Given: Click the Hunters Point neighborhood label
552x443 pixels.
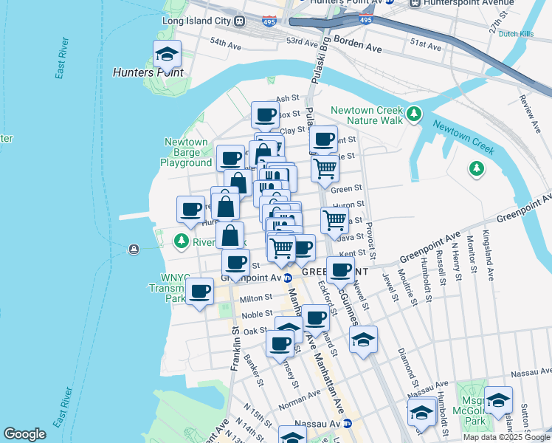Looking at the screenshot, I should coord(148,72).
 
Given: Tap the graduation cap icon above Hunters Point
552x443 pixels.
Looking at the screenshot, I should coord(167,54).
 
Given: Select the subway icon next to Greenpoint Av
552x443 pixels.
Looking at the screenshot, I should coord(289,278).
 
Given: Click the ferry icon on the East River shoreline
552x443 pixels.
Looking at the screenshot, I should coord(134,249).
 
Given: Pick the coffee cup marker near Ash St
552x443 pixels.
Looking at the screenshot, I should coord(266,114).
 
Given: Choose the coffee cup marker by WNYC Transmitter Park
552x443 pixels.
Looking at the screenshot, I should coord(199,290).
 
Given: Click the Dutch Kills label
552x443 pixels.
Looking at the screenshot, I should coord(516,34).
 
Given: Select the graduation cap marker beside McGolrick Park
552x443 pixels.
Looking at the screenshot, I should coord(499,399).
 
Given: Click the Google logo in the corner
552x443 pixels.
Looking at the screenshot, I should coord(24,434).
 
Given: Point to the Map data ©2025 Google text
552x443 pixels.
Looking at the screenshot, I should coord(507,437).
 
